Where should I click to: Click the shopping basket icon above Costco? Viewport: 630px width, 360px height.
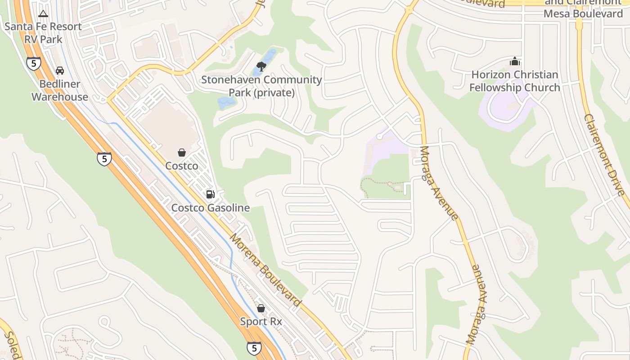182,153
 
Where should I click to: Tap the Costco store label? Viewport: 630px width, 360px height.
182,166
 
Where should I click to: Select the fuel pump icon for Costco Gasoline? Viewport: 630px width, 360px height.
210,194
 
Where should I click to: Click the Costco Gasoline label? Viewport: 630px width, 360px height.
211,208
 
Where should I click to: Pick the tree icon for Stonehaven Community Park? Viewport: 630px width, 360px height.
261,67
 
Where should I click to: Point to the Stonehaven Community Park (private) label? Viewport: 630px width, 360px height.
261,86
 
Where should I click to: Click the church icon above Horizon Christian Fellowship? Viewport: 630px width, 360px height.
515,61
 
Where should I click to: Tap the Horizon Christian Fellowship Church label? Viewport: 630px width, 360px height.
515,81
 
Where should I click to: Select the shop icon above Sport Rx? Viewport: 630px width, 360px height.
261,308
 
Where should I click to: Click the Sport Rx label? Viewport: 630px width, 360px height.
261,322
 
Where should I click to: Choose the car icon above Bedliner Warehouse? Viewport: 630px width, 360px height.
59,71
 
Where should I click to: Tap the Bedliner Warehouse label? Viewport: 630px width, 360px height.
59,90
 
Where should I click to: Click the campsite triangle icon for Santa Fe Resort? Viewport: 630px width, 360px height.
43,14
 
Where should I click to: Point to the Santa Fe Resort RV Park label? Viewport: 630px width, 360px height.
43,33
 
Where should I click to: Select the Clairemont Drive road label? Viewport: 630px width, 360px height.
605,155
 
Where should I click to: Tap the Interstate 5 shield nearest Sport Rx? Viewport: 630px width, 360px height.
254,348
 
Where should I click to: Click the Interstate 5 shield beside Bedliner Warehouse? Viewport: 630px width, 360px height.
34,63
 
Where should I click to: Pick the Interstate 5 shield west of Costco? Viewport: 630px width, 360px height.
104,159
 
